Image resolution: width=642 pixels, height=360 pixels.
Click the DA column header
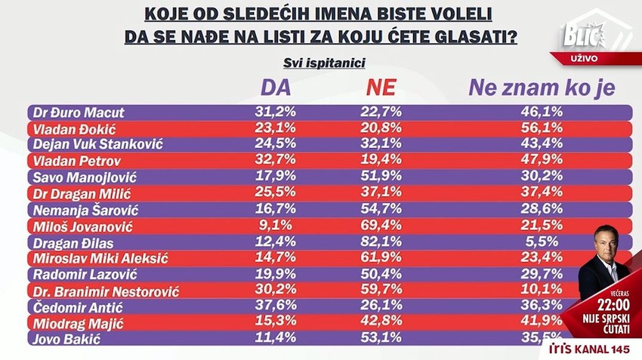[x=276, y=88]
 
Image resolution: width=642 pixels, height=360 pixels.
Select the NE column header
[x=381, y=88]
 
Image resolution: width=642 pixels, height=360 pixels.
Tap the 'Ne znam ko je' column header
[x=542, y=88]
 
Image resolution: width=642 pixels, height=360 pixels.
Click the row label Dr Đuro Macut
[x=79, y=112]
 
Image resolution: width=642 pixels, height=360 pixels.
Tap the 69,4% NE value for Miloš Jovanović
[x=381, y=226]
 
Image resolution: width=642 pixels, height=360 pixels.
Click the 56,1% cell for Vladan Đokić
[x=542, y=128]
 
